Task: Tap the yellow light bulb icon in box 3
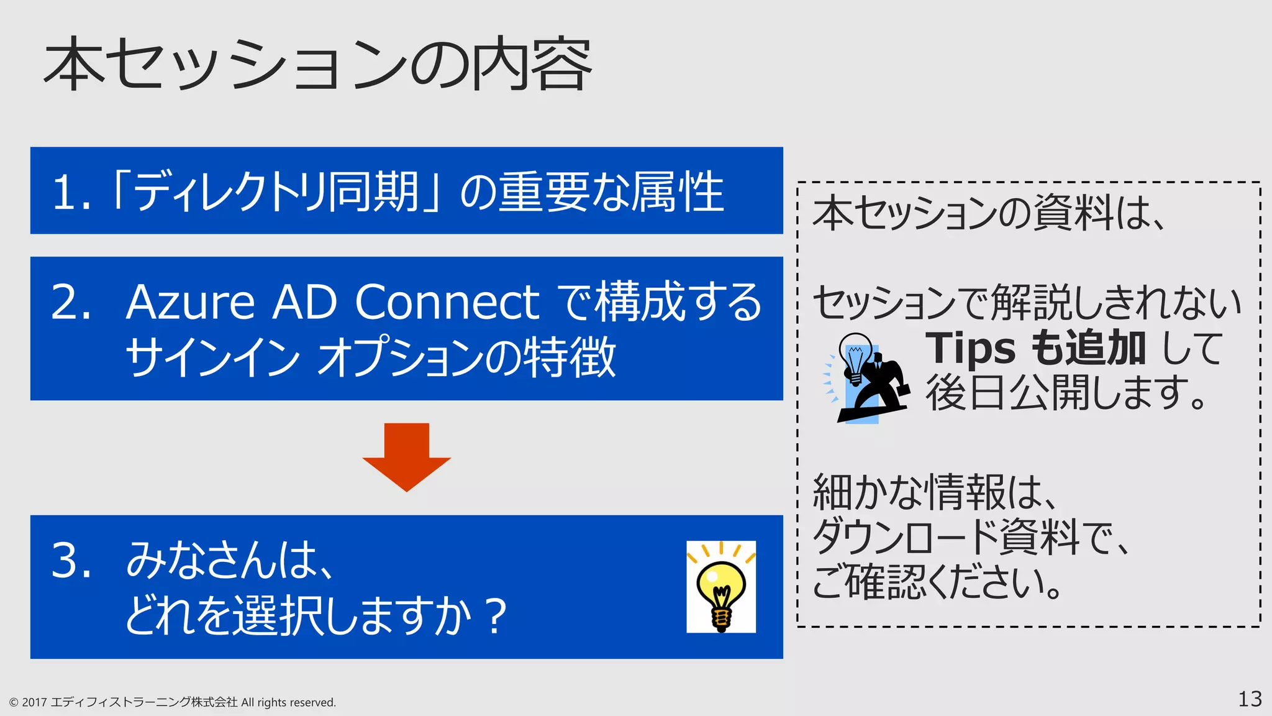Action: pyautogui.click(x=721, y=587)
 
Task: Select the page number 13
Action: pyautogui.click(x=1250, y=699)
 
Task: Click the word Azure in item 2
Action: pyautogui.click(x=190, y=303)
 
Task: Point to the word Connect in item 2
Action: pyautogui.click(x=447, y=303)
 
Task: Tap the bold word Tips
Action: pyautogui.click(x=971, y=349)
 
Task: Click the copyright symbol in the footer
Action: pyautogui.click(x=14, y=703)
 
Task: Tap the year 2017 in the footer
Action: pyautogui.click(x=35, y=703)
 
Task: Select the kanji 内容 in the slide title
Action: pyautogui.click(x=531, y=65)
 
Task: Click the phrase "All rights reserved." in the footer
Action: pyautogui.click(x=288, y=703)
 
